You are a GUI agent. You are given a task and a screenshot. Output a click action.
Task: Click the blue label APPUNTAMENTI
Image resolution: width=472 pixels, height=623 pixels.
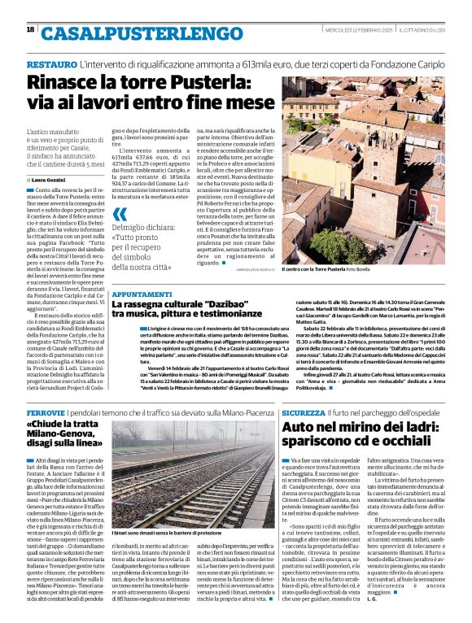pyautogui.click(x=142, y=293)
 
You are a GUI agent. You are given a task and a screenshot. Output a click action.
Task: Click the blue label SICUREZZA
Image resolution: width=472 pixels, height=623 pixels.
pyautogui.click(x=308, y=414)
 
